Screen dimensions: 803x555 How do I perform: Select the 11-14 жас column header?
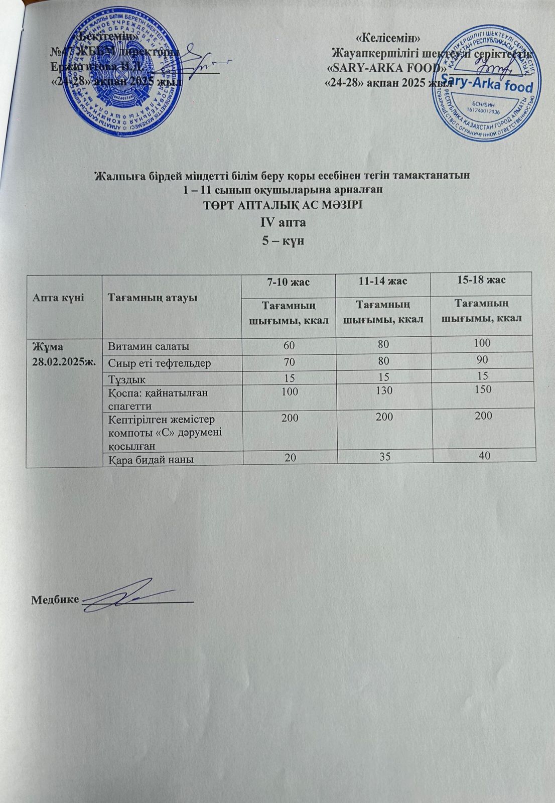383,281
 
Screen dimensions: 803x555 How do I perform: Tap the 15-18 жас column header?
480,280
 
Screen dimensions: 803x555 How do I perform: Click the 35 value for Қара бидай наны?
387,457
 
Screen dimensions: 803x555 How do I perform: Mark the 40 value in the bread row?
484,455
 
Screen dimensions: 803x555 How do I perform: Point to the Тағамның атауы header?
153,297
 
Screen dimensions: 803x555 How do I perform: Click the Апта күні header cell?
57,298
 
